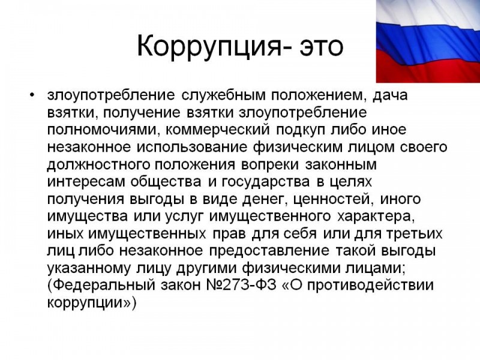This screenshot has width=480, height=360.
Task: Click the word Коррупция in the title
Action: (x=208, y=47)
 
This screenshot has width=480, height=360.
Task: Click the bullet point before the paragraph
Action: (x=32, y=95)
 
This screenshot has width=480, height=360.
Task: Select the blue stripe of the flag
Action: (x=428, y=43)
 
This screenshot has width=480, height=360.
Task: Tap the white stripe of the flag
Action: (x=428, y=16)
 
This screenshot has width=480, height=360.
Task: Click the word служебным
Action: (x=223, y=95)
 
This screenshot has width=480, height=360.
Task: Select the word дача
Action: (x=390, y=96)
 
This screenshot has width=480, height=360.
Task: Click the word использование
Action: (x=191, y=148)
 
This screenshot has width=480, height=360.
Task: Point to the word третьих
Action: (x=414, y=235)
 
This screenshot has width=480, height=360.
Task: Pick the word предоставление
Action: (x=269, y=251)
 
